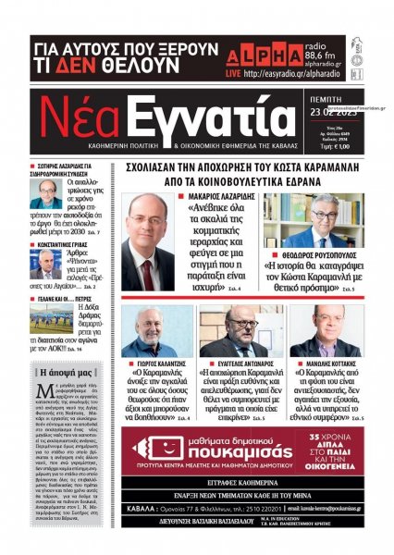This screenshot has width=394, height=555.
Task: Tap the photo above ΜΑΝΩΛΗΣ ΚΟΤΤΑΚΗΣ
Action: click(x=324, y=332)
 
